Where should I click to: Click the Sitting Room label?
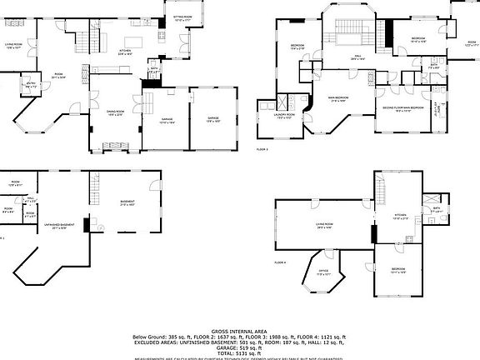pos(182,17)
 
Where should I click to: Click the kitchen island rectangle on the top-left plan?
pos(133,42)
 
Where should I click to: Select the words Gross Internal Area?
pos(239,331)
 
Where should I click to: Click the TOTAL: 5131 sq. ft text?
pos(239,352)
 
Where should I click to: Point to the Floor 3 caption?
pos(262,148)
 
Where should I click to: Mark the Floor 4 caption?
pos(280,262)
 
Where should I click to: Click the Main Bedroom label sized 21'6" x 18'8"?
pos(337,98)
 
